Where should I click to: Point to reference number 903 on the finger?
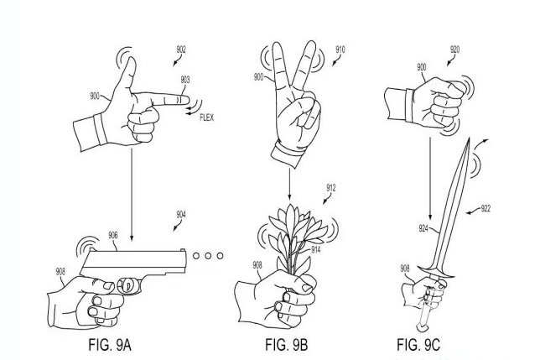click(x=185, y=80)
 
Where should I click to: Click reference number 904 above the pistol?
click(x=181, y=215)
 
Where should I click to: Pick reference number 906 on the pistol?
click(x=112, y=236)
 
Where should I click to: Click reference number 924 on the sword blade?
click(x=424, y=227)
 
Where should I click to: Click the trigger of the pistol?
click(x=128, y=286)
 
